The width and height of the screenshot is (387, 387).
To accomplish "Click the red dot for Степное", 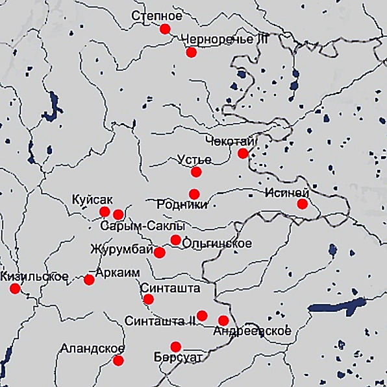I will click(165, 29).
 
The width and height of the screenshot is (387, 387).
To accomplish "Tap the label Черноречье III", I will click(225, 40).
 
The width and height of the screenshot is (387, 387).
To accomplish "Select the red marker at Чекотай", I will click(243, 154).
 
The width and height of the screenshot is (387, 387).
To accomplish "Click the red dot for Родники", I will click(194, 194).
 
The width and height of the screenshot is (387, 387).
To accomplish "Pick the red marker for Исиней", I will click(302, 204).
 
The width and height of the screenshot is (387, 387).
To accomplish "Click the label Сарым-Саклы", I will click(142, 226).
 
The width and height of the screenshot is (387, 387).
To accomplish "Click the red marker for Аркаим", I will click(89, 279).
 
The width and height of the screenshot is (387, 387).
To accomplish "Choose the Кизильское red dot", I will click(15, 288).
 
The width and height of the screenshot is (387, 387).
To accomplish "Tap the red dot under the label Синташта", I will click(148, 299).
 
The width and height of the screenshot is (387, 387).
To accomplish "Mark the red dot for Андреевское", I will click(223, 320).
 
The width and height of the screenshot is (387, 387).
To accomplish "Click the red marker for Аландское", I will click(118, 360).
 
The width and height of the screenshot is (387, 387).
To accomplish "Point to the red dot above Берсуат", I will click(175, 346).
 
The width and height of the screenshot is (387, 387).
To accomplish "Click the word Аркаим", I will click(118, 273).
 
